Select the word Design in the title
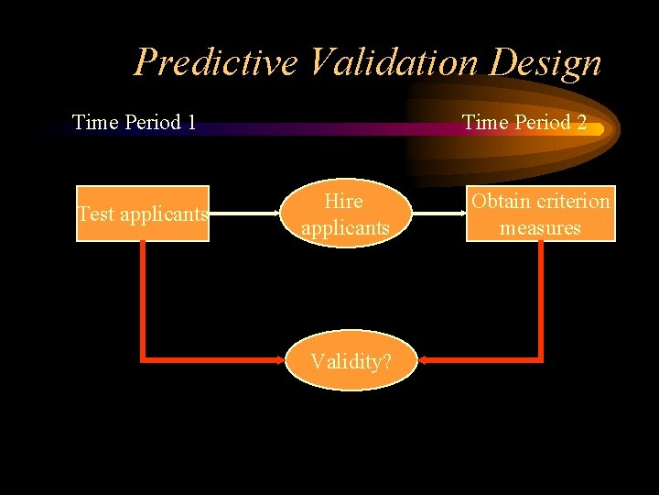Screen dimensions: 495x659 coord(547,63)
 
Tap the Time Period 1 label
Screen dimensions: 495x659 coord(135,122)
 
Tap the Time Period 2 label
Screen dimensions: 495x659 coord(524,122)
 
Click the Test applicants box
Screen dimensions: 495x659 coord(143,214)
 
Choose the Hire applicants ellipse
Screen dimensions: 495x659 coord(345,214)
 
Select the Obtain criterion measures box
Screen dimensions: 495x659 coord(540,214)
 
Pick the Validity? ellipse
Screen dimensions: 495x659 coord(351,361)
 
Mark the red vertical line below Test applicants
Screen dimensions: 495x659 coord(142,298)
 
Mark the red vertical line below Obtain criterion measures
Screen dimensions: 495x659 coord(541,298)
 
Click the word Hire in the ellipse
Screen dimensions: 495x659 coord(344,202)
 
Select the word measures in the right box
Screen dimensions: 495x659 coord(540,227)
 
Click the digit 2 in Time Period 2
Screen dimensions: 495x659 coord(581,122)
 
